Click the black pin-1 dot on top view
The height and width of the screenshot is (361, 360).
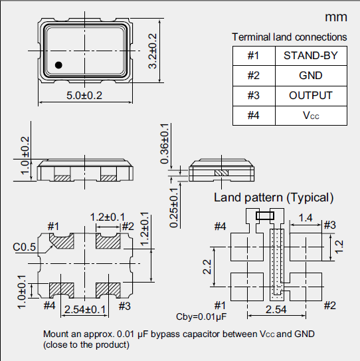[58, 64]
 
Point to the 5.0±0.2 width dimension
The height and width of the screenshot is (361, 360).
[84, 96]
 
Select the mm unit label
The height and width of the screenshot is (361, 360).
[335, 17]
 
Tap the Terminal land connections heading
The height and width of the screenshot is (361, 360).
[289, 37]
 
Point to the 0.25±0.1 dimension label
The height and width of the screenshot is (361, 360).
[173, 207]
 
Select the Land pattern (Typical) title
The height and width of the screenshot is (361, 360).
[273, 197]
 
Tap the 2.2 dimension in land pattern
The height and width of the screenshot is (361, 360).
[207, 266]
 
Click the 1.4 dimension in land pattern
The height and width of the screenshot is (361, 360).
[306, 217]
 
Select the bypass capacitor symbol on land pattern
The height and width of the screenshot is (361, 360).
[264, 215]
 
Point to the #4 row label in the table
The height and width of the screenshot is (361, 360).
[253, 116]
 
